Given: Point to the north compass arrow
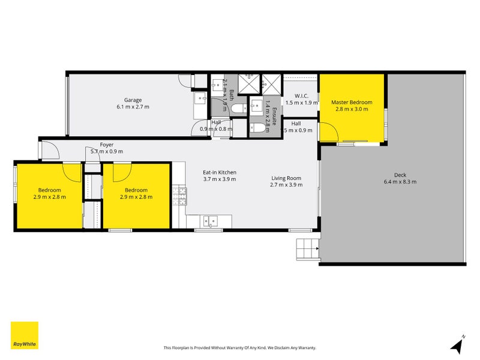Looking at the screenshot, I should point(457,345).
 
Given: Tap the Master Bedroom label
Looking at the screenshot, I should point(352,103).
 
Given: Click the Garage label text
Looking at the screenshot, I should point(133,100).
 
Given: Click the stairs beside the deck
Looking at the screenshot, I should point(307,247).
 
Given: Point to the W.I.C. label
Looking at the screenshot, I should point(301,96).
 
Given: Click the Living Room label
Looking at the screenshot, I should point(286,178).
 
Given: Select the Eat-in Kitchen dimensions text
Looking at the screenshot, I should point(220,179).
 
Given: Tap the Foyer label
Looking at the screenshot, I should point(106,145).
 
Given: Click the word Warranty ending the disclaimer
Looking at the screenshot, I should point(305,348).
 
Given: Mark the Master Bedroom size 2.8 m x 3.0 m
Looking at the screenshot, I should point(352,110).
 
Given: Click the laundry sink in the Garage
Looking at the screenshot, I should point(200,100).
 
